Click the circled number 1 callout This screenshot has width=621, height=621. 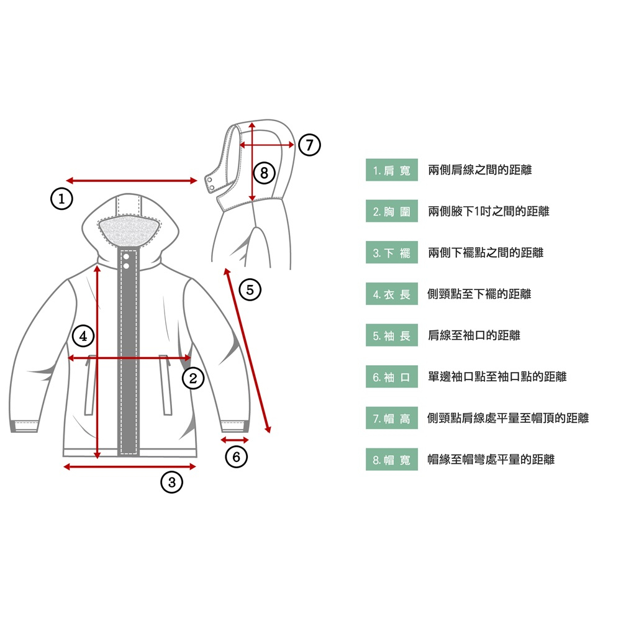click(x=61, y=199)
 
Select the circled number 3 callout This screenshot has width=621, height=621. click(x=171, y=482)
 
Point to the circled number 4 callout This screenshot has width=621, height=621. click(x=83, y=336)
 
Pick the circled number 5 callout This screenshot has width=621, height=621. click(x=250, y=289)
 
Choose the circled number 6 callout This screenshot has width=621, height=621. click(x=237, y=456)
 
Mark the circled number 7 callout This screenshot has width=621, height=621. click(x=309, y=145)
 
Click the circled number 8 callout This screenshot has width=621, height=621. click(x=264, y=173)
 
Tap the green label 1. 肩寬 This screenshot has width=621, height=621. click(x=392, y=170)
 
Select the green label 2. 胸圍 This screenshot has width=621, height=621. click(x=392, y=211)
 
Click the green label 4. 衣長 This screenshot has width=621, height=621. click(x=392, y=294)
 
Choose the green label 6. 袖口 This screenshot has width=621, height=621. click(x=392, y=377)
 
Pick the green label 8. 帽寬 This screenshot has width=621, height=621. click(x=392, y=460)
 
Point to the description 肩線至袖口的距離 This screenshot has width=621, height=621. click(x=474, y=335)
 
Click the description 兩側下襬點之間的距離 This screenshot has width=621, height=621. click(x=486, y=253)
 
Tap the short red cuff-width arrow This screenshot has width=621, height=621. click(x=235, y=440)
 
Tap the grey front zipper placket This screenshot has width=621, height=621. click(x=129, y=353)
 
